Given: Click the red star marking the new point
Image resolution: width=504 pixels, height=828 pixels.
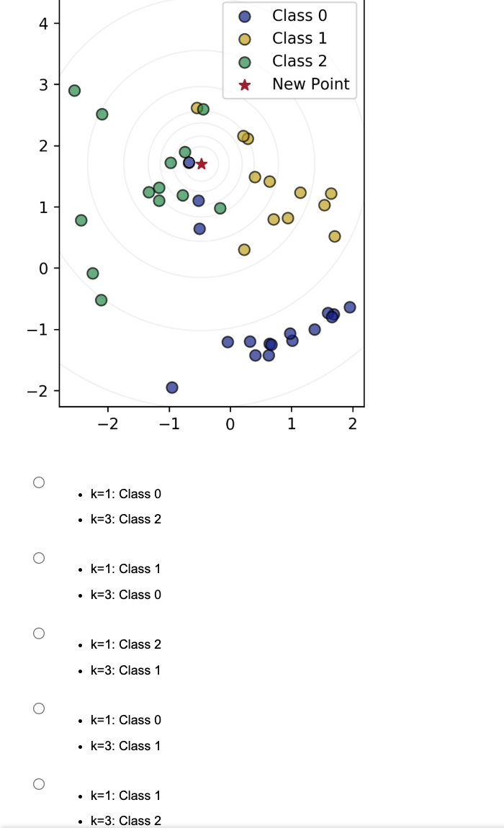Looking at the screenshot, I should [202, 164].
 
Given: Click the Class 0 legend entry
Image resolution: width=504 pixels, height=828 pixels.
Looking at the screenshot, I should [299, 16].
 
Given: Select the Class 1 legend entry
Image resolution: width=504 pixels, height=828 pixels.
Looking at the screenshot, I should [299, 39].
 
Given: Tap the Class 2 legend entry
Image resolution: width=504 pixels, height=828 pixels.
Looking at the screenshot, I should [299, 61].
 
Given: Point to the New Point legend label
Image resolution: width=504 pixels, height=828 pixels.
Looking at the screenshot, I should [310, 84].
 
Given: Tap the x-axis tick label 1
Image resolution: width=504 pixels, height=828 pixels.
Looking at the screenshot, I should [291, 424].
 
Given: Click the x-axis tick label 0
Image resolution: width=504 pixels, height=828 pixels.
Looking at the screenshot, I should [230, 424].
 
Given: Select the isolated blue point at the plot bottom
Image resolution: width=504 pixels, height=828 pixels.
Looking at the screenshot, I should [172, 387].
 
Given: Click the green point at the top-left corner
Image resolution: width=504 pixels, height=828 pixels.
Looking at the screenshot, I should [74, 91].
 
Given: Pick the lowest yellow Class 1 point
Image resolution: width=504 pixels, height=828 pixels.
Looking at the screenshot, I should [244, 250].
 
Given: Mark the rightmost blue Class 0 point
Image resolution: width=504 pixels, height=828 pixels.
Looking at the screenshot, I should [350, 307].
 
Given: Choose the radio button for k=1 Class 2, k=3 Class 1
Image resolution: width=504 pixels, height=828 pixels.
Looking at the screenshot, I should [39, 633].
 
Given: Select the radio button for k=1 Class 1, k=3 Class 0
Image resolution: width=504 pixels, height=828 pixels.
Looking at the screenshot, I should [39, 557].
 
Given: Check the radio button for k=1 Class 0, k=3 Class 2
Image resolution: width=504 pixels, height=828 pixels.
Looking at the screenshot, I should [39, 482].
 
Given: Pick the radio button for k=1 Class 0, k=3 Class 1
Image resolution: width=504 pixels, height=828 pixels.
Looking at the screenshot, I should [39, 708].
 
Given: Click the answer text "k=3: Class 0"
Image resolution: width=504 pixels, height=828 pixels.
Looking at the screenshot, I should [125, 595].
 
